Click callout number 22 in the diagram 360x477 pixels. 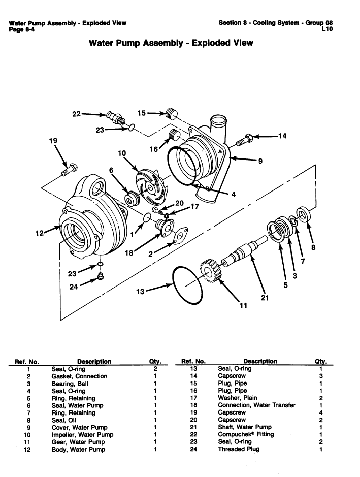point(76,114)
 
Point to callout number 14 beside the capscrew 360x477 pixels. point(282,136)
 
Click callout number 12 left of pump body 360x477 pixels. point(40,233)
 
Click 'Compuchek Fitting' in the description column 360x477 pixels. point(245,434)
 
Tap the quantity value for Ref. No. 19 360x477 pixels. point(321,412)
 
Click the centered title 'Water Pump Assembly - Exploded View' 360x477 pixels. point(171,43)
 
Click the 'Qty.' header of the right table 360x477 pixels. point(321,361)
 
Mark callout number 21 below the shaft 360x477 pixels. point(264,298)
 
